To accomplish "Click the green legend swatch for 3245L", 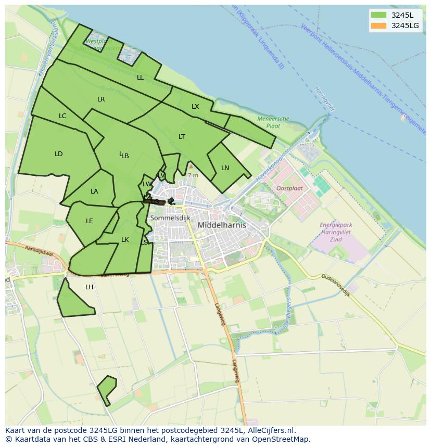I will click(378, 15).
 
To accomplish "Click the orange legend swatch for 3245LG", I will click(378, 25).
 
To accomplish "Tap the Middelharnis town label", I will click(222, 225).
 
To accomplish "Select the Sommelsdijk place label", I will click(170, 218).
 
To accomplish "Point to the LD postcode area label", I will click(58, 154).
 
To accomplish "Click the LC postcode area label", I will click(62, 116).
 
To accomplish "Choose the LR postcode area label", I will click(101, 99).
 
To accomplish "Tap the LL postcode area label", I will click(140, 78).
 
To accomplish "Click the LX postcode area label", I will click(195, 107).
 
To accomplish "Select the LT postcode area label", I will click(182, 137).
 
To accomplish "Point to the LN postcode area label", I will click(225, 168).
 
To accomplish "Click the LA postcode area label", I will click(94, 191).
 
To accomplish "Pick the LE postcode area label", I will click(90, 221).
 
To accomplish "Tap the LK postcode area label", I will click(125, 240).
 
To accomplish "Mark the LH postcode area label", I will click(90, 287).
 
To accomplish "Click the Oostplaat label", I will click(289, 188).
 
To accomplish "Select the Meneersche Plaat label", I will click(273, 122).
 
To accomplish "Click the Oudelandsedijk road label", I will click(336, 285).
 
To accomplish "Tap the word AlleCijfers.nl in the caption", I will click(271, 430).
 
